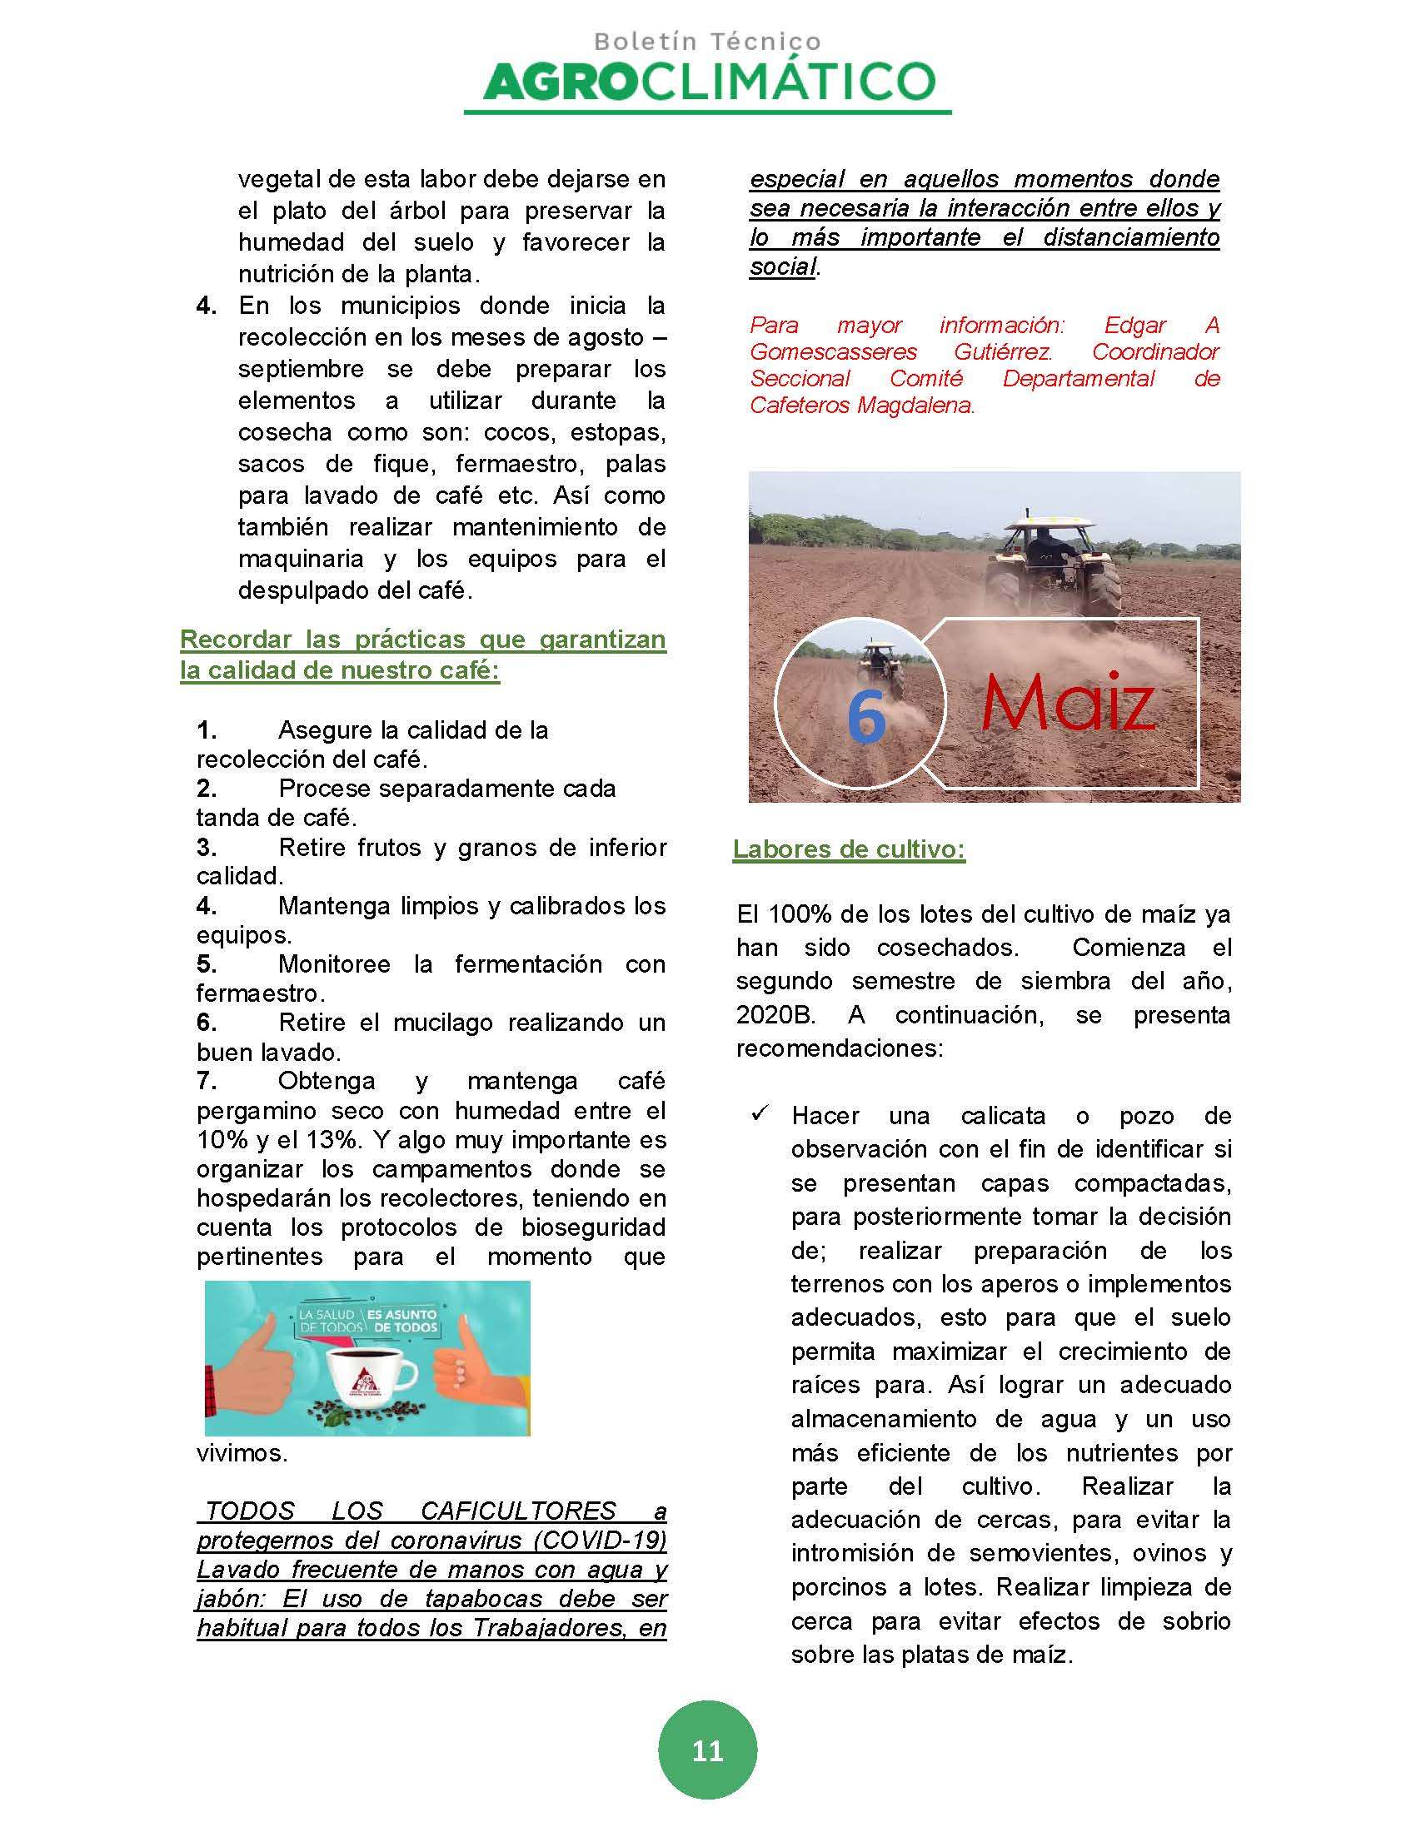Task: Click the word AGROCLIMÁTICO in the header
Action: (709, 82)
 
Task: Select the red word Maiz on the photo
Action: (1068, 703)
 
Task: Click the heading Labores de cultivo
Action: (849, 849)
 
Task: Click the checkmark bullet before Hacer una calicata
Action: (760, 1114)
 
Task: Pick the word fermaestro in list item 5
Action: (259, 994)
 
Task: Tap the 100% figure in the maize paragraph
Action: (800, 914)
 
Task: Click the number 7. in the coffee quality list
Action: (207, 1081)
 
